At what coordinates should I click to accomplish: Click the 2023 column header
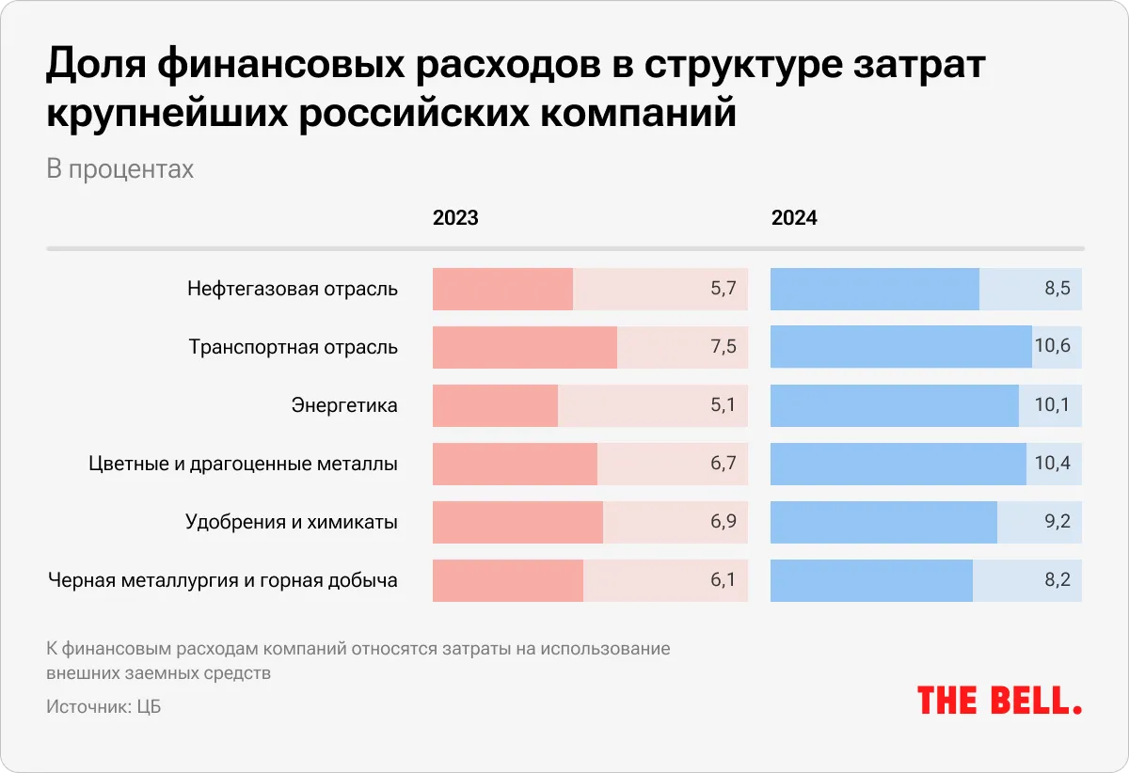coord(455,218)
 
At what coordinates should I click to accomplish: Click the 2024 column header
coord(794,218)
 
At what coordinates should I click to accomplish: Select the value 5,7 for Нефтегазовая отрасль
coord(723,290)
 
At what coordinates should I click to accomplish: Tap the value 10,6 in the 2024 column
coord(1052,347)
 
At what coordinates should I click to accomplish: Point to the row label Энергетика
coord(344,405)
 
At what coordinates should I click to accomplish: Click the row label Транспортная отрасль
coord(293,347)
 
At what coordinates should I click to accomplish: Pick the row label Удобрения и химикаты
coord(291,522)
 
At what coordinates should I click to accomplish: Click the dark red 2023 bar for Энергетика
coord(495,405)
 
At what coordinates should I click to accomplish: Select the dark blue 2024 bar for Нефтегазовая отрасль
coord(874,290)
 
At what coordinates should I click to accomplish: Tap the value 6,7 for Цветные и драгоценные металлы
coord(723,464)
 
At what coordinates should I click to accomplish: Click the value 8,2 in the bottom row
coord(1057,580)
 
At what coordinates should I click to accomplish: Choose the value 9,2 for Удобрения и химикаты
coord(1057,522)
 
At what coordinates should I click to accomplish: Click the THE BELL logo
coord(999,700)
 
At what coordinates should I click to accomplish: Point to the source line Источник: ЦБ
coord(103,707)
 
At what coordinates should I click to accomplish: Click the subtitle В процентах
coord(119,169)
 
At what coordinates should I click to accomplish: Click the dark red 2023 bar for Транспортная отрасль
coord(524,347)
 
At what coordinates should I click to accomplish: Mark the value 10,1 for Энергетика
coord(1052,405)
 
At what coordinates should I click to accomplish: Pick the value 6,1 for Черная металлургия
coord(723,580)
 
